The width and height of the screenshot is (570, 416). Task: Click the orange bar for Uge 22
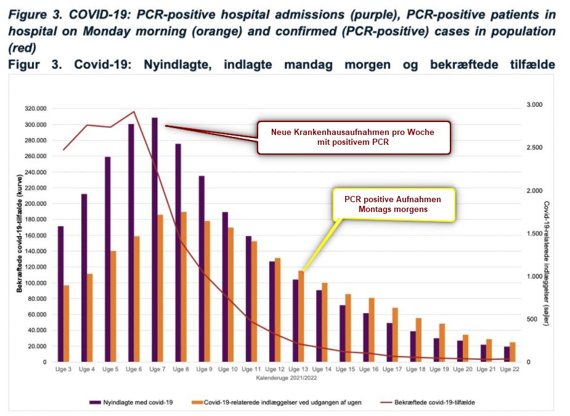(512, 352)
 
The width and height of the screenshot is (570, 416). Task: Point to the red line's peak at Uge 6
(134, 112)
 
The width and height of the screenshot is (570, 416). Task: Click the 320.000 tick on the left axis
(36, 108)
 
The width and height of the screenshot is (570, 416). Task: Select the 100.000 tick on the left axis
(36, 283)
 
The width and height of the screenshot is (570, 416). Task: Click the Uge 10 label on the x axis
(228, 369)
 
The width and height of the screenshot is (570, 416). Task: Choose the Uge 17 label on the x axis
(392, 369)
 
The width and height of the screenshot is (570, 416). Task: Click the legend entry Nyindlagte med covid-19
(132, 402)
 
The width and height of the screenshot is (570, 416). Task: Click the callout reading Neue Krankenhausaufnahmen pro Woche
(354, 137)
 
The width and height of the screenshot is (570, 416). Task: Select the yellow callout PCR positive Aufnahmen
(393, 205)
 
